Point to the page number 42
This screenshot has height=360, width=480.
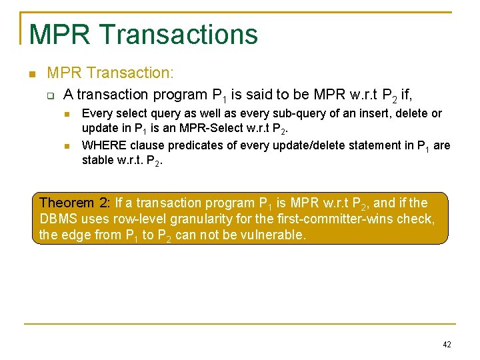tap(447, 345)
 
